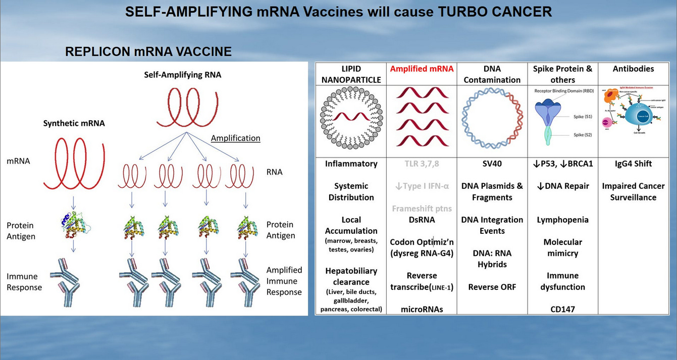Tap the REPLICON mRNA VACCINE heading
pyautogui.click(x=148, y=52)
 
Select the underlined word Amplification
pyautogui.click(x=235, y=138)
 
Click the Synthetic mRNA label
pyautogui.click(x=74, y=123)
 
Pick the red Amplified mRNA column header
pyautogui.click(x=422, y=69)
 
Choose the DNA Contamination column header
pyautogui.click(x=492, y=74)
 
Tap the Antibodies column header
pyautogui.click(x=633, y=69)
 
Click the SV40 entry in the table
pyautogui.click(x=492, y=164)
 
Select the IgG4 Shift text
pyautogui.click(x=633, y=164)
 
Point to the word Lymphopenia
pyautogui.click(x=562, y=220)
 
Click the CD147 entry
pyautogui.click(x=562, y=309)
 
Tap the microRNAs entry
pyautogui.click(x=422, y=309)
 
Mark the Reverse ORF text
pyautogui.click(x=492, y=287)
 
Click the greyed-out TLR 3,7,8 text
pyautogui.click(x=422, y=164)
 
